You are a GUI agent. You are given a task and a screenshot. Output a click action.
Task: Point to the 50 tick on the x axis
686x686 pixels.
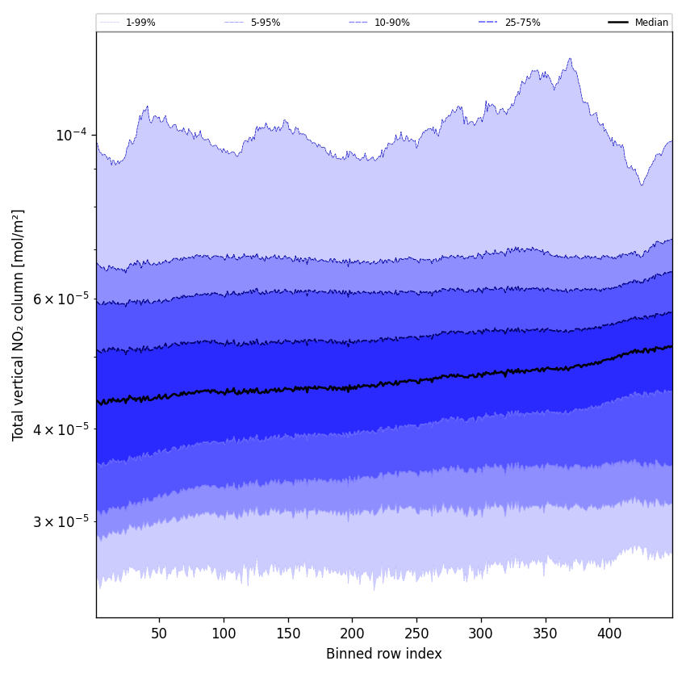coord(159,634)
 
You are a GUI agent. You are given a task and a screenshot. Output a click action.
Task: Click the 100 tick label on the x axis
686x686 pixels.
coord(224,634)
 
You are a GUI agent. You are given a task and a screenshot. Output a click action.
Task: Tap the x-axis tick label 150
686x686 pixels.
coord(288,634)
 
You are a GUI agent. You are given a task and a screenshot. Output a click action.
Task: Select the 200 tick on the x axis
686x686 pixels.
coord(352,634)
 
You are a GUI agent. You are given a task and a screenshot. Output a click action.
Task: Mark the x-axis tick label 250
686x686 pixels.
coord(416,634)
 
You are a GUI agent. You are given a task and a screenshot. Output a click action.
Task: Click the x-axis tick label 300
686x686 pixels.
coord(481,634)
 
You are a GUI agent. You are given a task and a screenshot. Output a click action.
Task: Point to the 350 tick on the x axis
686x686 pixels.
coord(546,634)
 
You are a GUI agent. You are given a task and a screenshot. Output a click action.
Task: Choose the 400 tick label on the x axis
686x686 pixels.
coord(609,634)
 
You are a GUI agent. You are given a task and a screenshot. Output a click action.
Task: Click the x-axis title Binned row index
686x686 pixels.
coord(384,654)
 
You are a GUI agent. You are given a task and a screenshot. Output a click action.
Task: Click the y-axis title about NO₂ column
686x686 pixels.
coord(18,324)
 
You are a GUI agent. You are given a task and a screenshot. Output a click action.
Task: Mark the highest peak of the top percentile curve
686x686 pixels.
coord(570,58)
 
